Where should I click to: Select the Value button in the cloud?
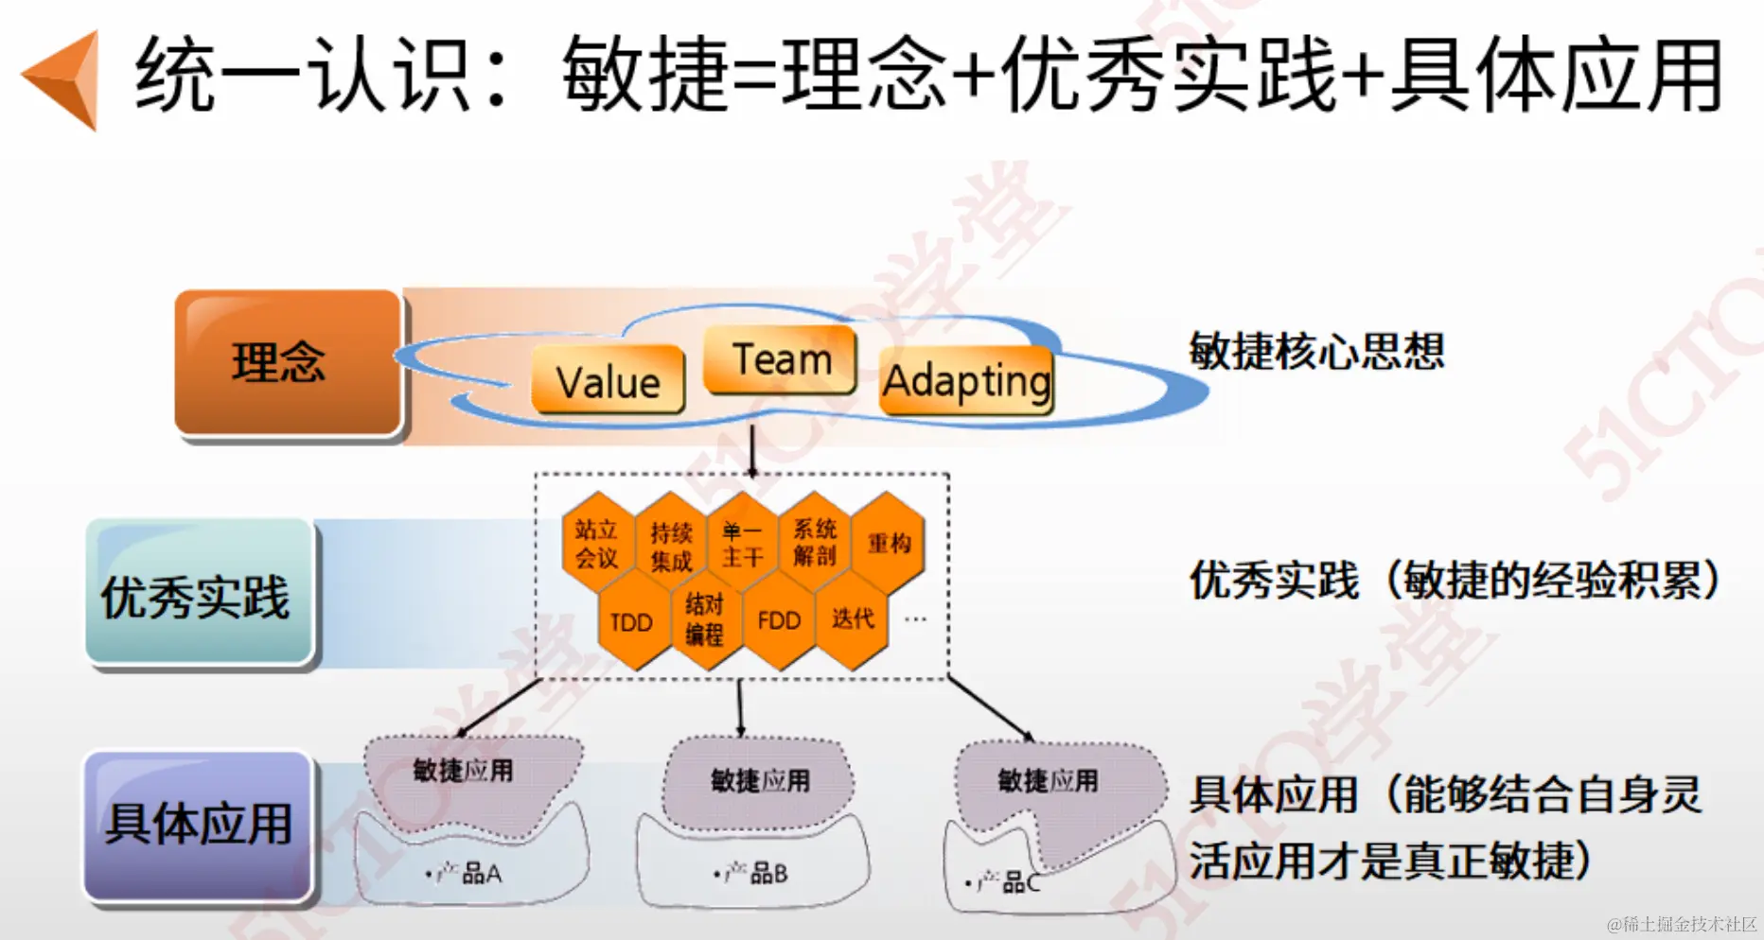click(609, 380)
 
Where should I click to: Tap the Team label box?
click(781, 359)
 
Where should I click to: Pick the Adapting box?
click(966, 381)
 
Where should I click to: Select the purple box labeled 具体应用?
click(198, 825)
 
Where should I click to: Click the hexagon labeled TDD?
click(632, 622)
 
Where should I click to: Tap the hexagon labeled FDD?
click(779, 621)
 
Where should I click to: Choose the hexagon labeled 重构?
click(889, 543)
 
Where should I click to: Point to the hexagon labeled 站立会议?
click(596, 544)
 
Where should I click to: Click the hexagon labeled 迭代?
click(852, 619)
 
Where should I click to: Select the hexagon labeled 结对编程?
click(705, 619)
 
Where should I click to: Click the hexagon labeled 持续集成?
click(670, 546)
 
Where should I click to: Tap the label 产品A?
click(468, 874)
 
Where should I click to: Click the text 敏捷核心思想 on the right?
click(1316, 351)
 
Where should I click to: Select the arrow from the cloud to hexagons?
click(752, 451)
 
